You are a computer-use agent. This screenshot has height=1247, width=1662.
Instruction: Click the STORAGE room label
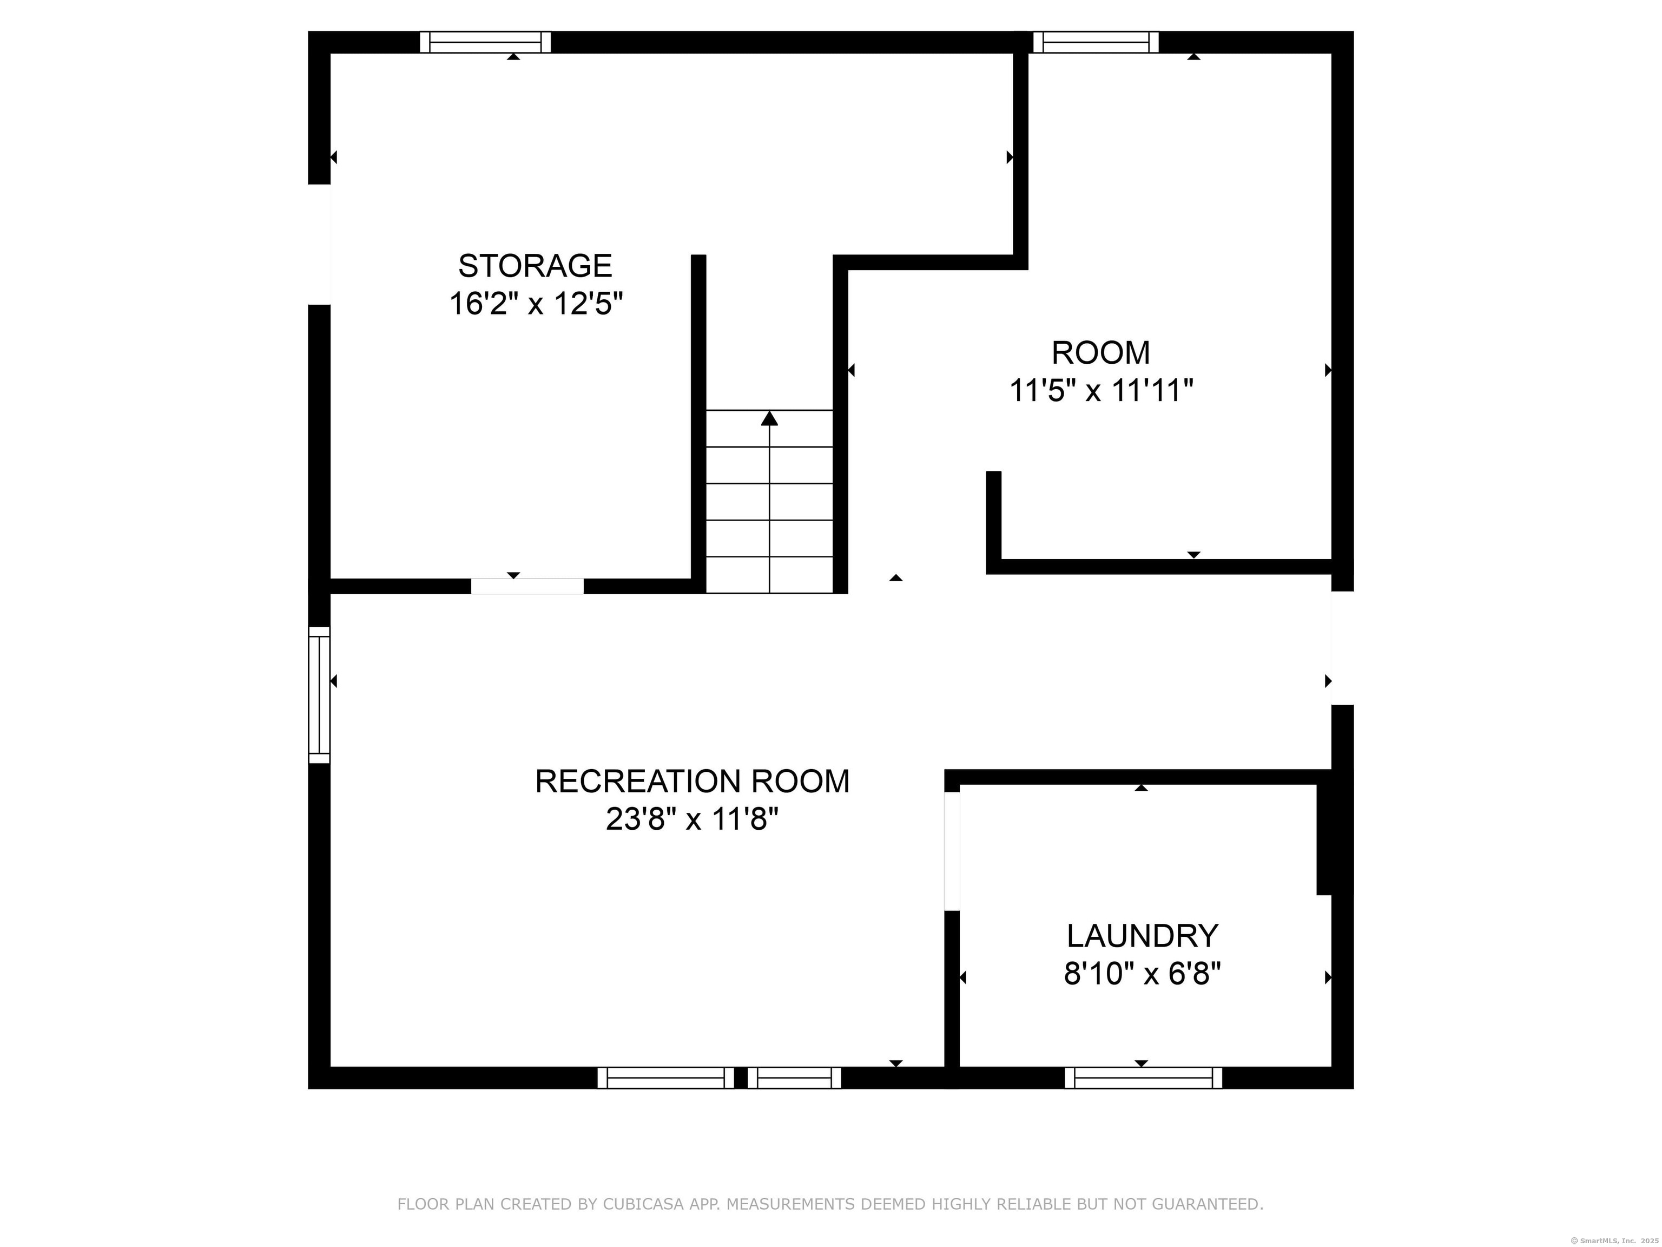[535, 266]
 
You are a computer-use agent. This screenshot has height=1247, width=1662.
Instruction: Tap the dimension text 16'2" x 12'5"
[536, 304]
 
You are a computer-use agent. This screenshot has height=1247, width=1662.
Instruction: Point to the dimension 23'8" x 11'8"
[692, 819]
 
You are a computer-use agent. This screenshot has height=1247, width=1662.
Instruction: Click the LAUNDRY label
[1142, 936]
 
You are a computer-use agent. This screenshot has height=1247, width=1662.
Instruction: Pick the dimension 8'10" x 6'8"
[1142, 975]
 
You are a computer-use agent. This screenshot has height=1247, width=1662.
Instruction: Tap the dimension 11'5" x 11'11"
[1101, 391]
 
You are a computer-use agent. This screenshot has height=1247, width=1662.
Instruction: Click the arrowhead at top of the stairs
[769, 418]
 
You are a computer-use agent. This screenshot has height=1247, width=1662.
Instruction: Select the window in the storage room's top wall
[485, 42]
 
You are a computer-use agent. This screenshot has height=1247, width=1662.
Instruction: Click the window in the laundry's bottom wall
[1143, 1078]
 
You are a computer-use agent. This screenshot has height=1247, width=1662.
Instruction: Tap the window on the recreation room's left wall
[319, 694]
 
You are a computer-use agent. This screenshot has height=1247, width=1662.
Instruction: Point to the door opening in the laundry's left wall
[952, 851]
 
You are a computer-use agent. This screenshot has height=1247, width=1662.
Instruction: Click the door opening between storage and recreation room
[527, 586]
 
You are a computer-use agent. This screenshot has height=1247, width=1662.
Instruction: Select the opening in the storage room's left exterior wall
[319, 244]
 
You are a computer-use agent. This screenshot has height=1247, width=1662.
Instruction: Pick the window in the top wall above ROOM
[1096, 42]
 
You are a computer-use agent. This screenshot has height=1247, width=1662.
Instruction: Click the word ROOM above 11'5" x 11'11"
[1101, 352]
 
